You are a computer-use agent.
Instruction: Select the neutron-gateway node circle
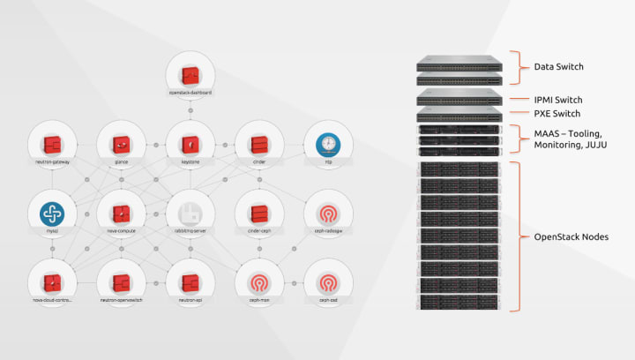53,144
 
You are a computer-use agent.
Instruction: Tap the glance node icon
122,144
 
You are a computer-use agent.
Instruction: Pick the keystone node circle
190,144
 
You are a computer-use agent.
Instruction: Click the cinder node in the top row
259,144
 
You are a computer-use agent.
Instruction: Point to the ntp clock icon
327,144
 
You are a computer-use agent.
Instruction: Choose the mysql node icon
53,214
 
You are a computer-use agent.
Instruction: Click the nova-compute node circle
122,214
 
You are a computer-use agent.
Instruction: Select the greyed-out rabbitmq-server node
190,214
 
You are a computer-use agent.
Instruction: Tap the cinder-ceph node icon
259,214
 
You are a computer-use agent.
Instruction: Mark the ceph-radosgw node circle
327,214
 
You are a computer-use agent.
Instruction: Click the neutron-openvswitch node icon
122,282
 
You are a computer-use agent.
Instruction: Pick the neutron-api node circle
190,282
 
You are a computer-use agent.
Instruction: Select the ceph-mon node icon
259,282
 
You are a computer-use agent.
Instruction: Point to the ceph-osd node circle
327,282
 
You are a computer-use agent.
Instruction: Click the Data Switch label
559,66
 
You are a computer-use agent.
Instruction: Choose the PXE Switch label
557,114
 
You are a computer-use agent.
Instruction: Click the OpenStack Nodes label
571,236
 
